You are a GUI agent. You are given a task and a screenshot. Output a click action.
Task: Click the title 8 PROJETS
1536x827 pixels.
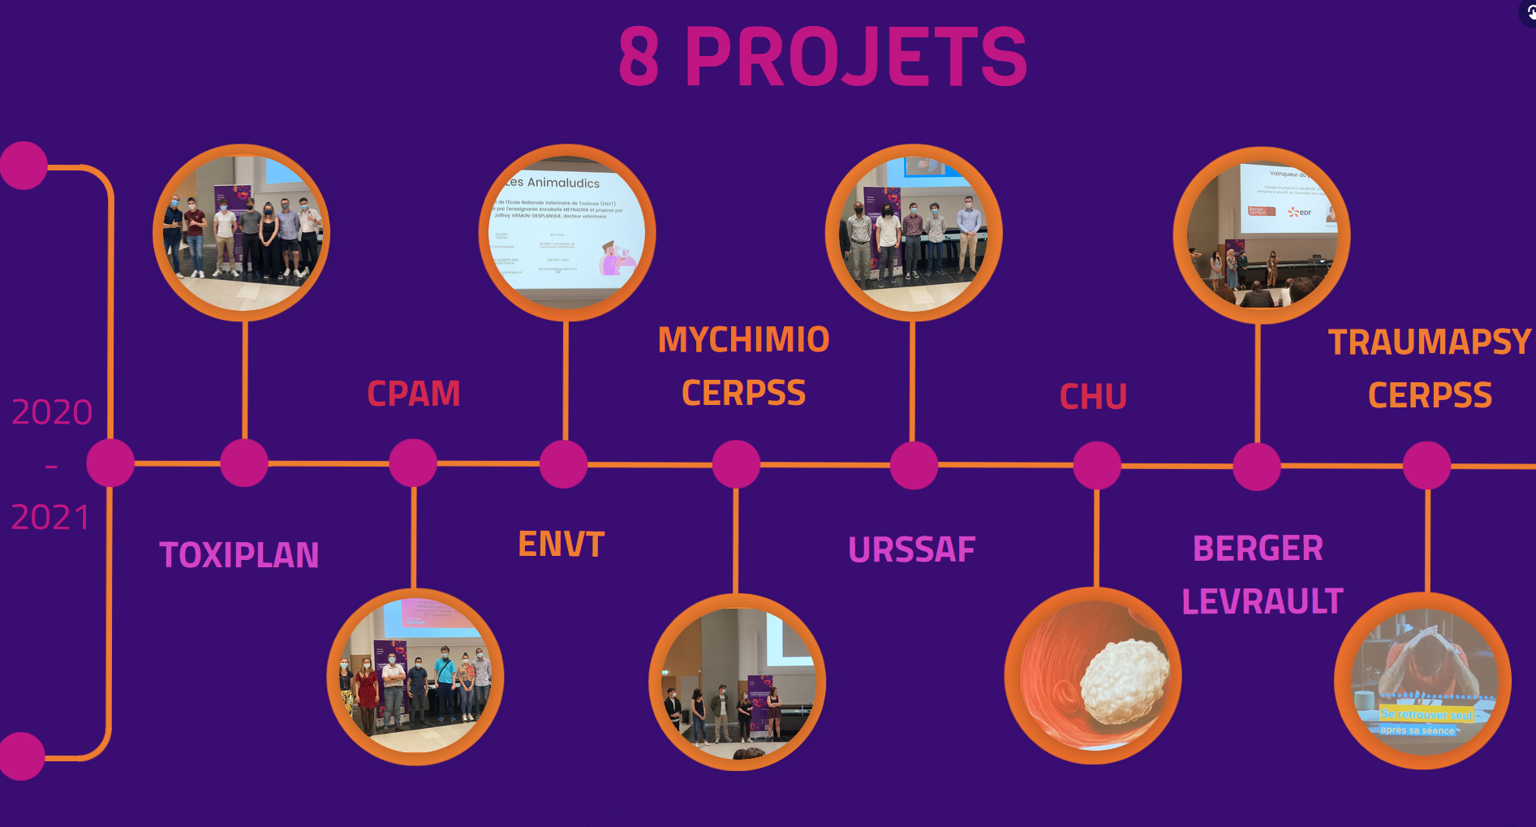(x=823, y=56)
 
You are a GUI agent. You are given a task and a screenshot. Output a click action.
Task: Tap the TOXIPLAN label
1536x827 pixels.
(x=239, y=555)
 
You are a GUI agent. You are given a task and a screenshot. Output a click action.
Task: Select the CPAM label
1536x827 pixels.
(x=413, y=394)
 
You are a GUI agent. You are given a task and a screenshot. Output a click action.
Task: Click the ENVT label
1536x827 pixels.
(x=561, y=544)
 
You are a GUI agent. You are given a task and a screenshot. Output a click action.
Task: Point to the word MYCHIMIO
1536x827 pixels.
(x=743, y=339)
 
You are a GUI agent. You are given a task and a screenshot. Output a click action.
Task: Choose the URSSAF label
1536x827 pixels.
(x=911, y=549)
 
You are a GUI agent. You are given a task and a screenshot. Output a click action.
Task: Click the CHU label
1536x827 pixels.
(x=1093, y=397)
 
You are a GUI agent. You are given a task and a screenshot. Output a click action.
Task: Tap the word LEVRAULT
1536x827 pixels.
(x=1262, y=601)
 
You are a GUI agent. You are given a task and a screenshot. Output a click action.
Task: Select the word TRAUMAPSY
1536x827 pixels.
(x=1429, y=342)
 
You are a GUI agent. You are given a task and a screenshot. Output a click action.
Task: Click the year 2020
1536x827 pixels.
(x=52, y=412)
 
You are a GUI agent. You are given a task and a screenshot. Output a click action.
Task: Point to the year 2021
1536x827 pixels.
(x=50, y=517)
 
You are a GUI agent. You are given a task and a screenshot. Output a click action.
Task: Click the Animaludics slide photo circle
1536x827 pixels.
(x=566, y=233)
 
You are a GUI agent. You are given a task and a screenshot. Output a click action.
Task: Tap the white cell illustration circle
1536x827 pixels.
(x=1093, y=675)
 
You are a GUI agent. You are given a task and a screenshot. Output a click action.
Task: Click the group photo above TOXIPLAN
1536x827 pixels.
(x=242, y=233)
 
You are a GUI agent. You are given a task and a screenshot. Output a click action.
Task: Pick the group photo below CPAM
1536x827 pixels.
(x=415, y=676)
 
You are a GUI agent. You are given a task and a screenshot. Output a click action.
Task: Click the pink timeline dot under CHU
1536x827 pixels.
(x=1097, y=466)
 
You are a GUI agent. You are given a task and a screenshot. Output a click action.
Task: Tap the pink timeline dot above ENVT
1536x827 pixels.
(x=564, y=464)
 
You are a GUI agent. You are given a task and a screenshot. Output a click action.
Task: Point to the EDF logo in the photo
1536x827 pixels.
(x=1300, y=212)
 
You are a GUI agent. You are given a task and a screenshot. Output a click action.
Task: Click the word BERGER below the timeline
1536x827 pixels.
(x=1258, y=549)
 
